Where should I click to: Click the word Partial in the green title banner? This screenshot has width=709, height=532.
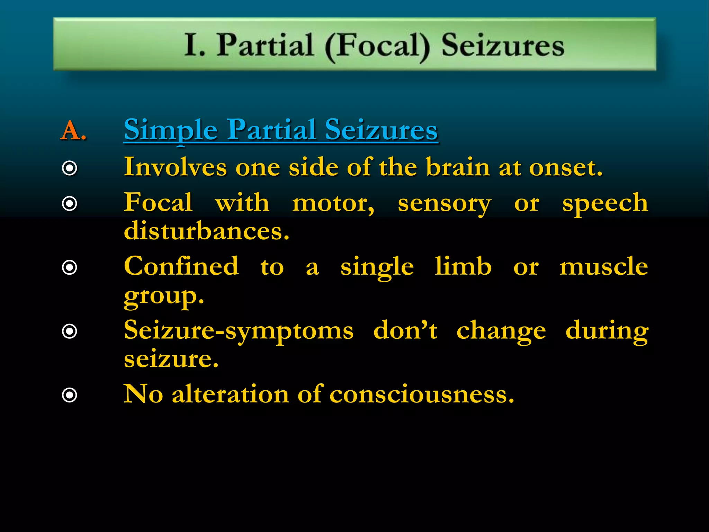pyautogui.click(x=265, y=45)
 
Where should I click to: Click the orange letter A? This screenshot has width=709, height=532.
pyautogui.click(x=73, y=131)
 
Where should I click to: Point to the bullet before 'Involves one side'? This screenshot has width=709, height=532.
pyautogui.click(x=70, y=168)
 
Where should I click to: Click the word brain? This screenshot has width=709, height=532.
pyautogui.click(x=458, y=167)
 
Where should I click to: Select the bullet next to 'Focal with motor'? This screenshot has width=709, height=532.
pyautogui.click(x=70, y=203)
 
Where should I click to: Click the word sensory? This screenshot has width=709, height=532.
pyautogui.click(x=444, y=204)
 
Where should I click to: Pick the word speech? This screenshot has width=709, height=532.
pyautogui.click(x=605, y=204)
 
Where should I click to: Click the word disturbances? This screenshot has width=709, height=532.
pyautogui.click(x=206, y=231)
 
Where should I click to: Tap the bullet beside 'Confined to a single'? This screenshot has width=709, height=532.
pyautogui.click(x=70, y=267)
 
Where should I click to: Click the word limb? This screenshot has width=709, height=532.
pyautogui.click(x=463, y=266)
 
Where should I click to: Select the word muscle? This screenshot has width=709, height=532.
pyautogui.click(x=604, y=267)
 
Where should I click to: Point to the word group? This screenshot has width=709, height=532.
pyautogui.click(x=164, y=296)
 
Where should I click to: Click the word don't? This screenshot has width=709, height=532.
pyautogui.click(x=405, y=330)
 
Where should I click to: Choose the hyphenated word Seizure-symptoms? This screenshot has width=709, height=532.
pyautogui.click(x=239, y=331)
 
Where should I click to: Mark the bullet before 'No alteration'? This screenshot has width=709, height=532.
pyautogui.click(x=70, y=395)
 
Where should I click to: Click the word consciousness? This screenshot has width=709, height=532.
pyautogui.click(x=421, y=394)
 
